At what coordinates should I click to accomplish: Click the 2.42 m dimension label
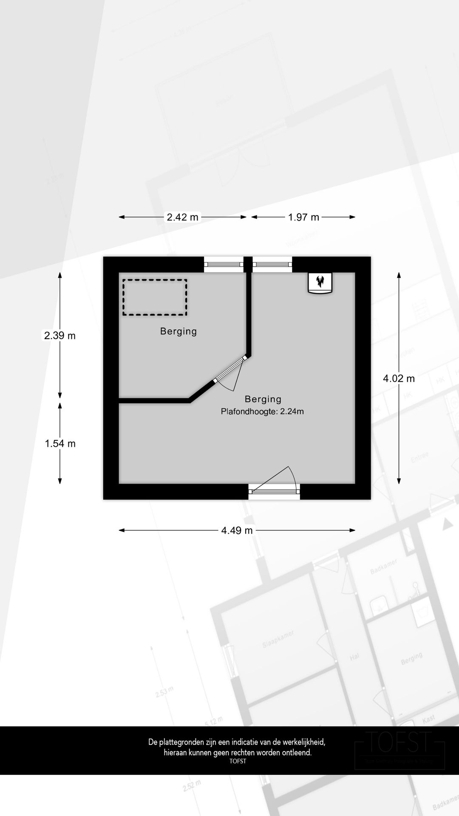coord(182,217)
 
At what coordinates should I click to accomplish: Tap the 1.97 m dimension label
coord(303,217)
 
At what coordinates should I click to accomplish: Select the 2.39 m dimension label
coord(60,335)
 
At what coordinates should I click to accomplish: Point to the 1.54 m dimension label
coord(60,443)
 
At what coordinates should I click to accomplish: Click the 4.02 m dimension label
coord(399,378)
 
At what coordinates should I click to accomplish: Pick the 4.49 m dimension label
coord(237,530)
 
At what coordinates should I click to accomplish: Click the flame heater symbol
coord(320,282)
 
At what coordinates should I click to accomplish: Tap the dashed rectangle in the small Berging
coord(155,297)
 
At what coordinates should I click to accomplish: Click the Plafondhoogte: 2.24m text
coord(262,411)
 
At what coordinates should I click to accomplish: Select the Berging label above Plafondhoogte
coord(263,399)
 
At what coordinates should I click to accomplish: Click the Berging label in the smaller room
coord(178,331)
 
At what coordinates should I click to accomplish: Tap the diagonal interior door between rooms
coord(230,370)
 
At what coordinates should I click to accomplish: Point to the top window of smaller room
coord(224,264)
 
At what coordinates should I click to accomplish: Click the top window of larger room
coord(272,264)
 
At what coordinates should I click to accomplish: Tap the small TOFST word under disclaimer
coord(238,761)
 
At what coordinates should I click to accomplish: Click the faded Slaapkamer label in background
coord(278,640)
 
